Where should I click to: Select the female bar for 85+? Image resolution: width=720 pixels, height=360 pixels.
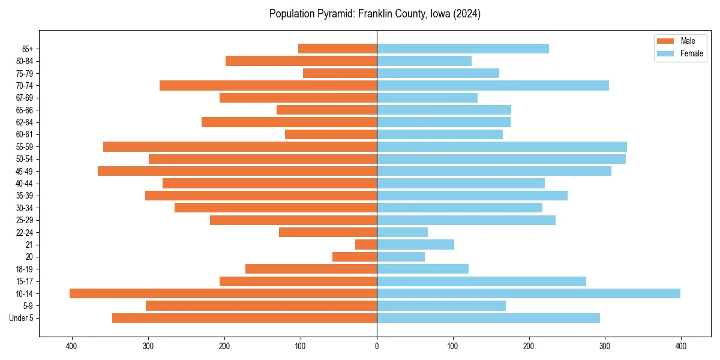click(463, 49)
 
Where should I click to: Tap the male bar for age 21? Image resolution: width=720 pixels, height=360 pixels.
click(366, 244)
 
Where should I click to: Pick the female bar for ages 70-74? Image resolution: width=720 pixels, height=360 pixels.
click(493, 85)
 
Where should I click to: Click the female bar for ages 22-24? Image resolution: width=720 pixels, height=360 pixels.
click(402, 232)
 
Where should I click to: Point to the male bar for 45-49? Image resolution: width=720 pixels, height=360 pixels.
click(237, 171)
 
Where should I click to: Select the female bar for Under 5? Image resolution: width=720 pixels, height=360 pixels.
click(488, 318)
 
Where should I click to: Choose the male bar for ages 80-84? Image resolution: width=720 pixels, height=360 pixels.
click(301, 61)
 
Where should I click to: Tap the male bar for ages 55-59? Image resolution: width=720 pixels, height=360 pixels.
click(240, 146)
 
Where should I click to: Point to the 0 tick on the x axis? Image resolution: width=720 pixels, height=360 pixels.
click(377, 346)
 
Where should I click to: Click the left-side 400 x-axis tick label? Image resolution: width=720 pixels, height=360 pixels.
click(72, 346)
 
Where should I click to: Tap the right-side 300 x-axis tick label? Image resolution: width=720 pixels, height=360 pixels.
click(605, 346)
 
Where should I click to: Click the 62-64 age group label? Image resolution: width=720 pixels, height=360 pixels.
click(23, 122)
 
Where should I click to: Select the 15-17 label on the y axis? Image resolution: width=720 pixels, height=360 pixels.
click(23, 281)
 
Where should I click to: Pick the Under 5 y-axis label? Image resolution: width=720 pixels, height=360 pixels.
click(21, 318)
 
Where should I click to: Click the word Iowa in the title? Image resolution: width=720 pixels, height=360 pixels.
click(439, 14)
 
